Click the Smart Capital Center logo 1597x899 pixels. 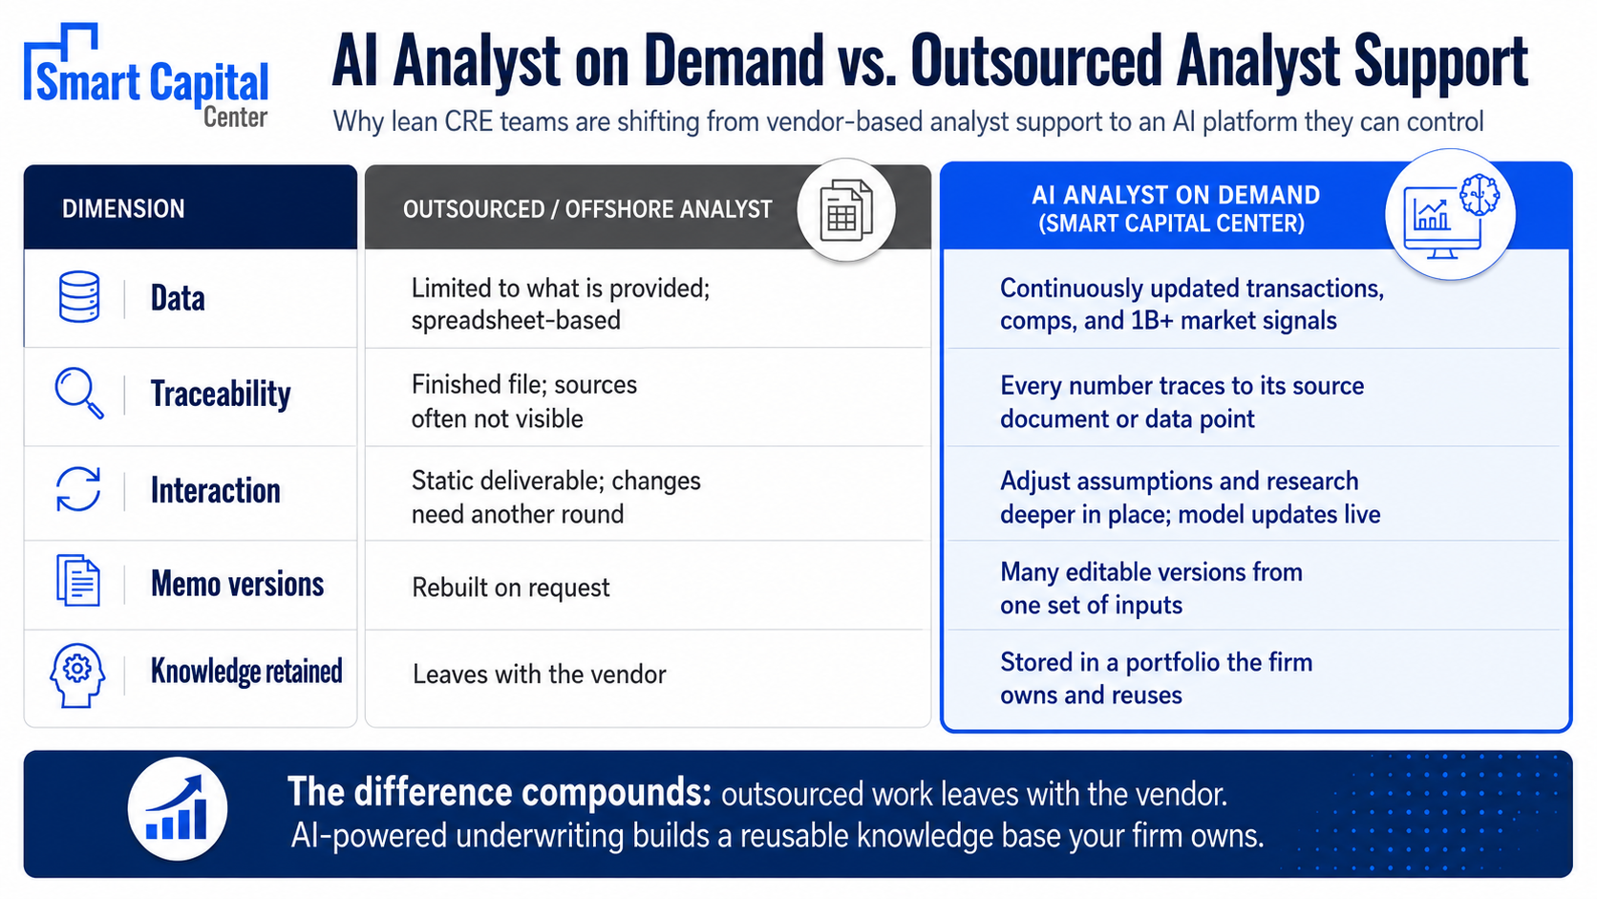pos(146,76)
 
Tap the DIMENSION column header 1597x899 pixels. pos(123,209)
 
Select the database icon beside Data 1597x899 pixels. pos(79,296)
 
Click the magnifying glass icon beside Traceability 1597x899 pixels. pos(79,393)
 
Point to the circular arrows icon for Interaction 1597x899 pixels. pos(78,489)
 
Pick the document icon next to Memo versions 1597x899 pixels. pos(78,580)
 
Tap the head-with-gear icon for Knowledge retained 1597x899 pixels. pos(77,675)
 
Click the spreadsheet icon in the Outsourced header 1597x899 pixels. pos(846,209)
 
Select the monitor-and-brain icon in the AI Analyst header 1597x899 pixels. pos(1451,215)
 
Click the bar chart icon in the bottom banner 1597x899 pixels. pos(177,808)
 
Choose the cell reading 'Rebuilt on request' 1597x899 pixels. pos(510,588)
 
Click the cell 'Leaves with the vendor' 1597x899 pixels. pos(539,674)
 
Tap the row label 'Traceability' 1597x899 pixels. pos(221,394)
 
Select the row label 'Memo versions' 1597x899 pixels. pos(238,584)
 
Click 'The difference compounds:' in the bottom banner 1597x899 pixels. pos(500,792)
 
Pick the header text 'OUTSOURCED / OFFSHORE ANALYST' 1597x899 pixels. pos(587,209)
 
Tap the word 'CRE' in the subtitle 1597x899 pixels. pos(468,122)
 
